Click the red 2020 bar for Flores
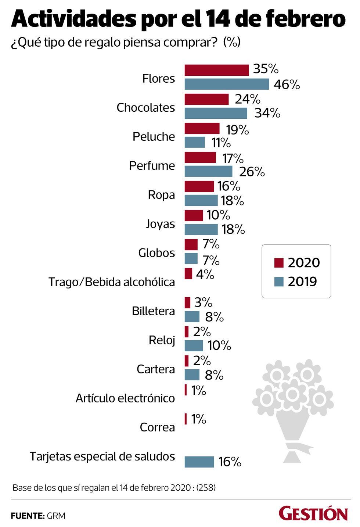tap(216, 70)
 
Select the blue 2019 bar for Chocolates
tap(216, 113)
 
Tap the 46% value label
tap(287, 85)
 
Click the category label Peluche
tap(154, 137)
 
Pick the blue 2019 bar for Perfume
tap(208, 171)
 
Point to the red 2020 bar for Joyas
tap(194, 215)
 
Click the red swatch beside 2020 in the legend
tap(279, 263)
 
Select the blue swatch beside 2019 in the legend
tap(279, 282)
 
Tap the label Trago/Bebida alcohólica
tap(112, 282)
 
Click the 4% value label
tap(205, 274)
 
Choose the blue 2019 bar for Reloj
tap(194, 345)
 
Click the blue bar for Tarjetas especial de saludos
tap(199, 462)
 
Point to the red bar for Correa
tap(186, 419)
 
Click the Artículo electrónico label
tap(125, 398)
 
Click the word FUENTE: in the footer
tap(27, 516)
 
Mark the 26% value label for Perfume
tap(252, 172)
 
